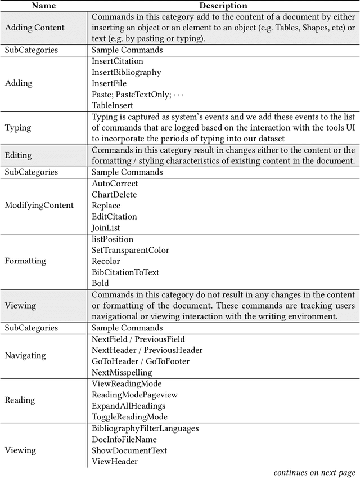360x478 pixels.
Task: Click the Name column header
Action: [x=43, y=6]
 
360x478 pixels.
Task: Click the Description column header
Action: [x=223, y=6]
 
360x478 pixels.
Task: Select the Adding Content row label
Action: [x=34, y=28]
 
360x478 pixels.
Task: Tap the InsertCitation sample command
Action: [x=118, y=61]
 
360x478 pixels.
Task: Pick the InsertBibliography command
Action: [x=127, y=72]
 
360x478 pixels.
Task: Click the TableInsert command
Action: [x=112, y=105]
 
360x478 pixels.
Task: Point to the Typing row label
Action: [x=18, y=128]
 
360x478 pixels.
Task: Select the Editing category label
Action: [x=18, y=155]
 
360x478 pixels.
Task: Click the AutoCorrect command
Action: [x=115, y=184]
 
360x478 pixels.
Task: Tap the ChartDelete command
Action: [x=114, y=195]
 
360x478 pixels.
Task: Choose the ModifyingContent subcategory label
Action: [x=39, y=206]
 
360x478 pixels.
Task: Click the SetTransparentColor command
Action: [x=130, y=250]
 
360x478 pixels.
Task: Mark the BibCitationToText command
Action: [x=125, y=272]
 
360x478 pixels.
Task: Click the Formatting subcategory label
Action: [x=25, y=261]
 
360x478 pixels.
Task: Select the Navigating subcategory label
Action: [x=25, y=356]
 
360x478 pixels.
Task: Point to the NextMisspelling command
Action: [x=122, y=372]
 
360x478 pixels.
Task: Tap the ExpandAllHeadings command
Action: [x=128, y=406]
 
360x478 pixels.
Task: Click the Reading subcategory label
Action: [x=20, y=400]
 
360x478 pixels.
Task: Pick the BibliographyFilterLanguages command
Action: [x=145, y=428]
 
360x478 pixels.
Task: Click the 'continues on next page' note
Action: [x=314, y=472]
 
